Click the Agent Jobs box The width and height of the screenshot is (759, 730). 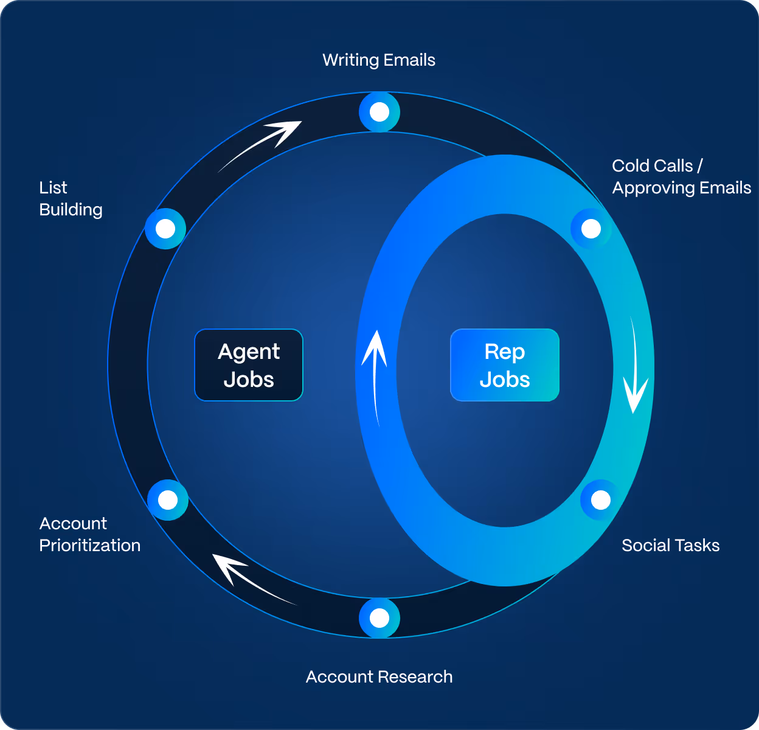pyautogui.click(x=249, y=365)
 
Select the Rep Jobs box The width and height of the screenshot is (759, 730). pyautogui.click(x=505, y=365)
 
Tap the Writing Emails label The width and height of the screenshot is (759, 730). pyautogui.click(x=379, y=60)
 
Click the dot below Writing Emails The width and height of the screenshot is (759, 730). pyautogui.click(x=379, y=112)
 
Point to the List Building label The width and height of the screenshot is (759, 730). pyautogui.click(x=71, y=198)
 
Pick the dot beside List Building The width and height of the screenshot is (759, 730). pyautogui.click(x=165, y=229)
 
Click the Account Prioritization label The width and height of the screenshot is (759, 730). pyautogui.click(x=89, y=534)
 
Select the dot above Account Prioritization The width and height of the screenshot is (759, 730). pyautogui.click(x=168, y=500)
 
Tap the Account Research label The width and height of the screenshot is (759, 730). pyautogui.click(x=379, y=676)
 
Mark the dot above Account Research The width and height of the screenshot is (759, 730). pyautogui.click(x=379, y=618)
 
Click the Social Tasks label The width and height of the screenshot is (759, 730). pyautogui.click(x=670, y=545)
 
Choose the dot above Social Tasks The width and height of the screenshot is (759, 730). pyautogui.click(x=600, y=500)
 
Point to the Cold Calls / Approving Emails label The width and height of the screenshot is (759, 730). pyautogui.click(x=681, y=176)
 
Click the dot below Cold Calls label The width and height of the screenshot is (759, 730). pyautogui.click(x=591, y=229)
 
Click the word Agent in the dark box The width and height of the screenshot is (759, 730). pyautogui.click(x=249, y=352)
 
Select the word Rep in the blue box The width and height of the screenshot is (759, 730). pyautogui.click(x=505, y=352)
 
